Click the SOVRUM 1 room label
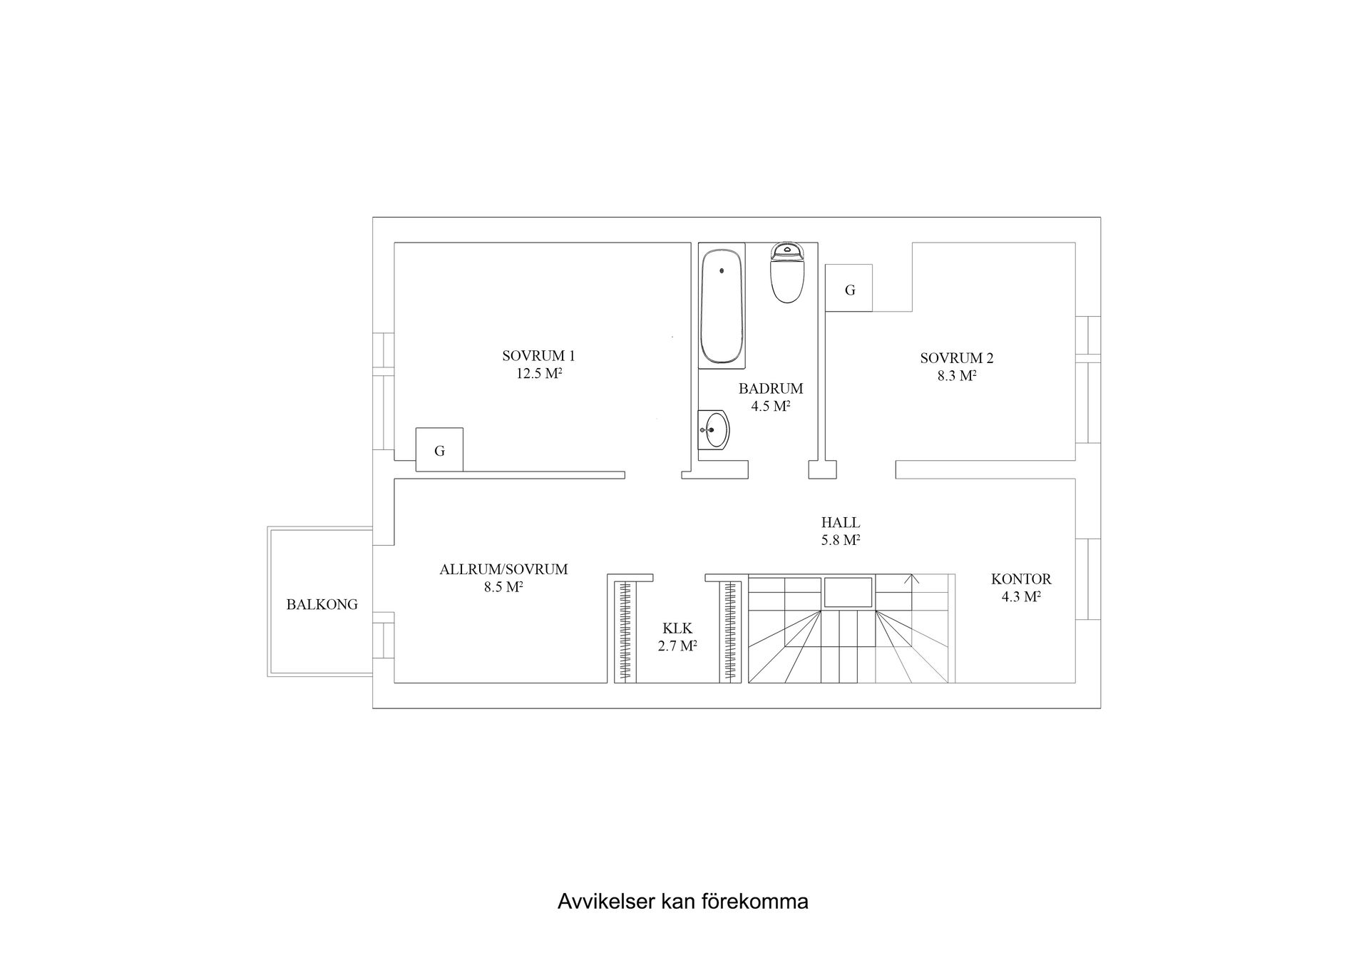point(538,355)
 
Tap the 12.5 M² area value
point(540,373)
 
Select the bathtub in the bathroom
point(722,307)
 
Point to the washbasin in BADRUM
point(714,430)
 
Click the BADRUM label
point(770,389)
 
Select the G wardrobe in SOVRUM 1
point(439,450)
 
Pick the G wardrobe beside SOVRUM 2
point(849,289)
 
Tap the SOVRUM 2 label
point(956,358)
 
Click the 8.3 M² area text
point(956,376)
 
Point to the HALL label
point(840,523)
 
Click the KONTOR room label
point(1020,579)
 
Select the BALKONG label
point(322,604)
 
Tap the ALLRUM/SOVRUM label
point(503,569)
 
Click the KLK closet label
point(677,628)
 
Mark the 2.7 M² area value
point(677,646)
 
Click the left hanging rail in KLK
point(625,632)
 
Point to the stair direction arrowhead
point(911,578)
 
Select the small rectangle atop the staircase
point(848,592)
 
